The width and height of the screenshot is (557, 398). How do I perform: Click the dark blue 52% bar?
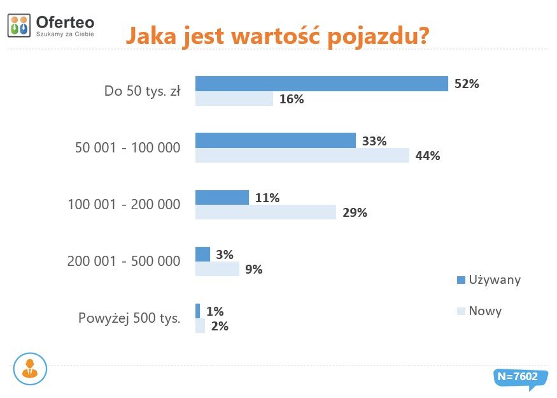[321, 84]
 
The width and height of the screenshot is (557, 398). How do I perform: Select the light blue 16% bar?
[234, 99]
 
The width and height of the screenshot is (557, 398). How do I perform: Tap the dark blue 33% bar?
[275, 140]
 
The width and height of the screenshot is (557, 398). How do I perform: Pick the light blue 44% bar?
[302, 156]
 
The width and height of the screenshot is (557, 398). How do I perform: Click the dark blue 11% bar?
[222, 197]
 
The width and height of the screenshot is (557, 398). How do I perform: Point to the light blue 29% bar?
[265, 212]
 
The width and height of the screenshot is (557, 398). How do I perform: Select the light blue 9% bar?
[217, 269]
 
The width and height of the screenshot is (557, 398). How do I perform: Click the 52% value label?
[467, 84]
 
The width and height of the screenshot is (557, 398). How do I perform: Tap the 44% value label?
[427, 156]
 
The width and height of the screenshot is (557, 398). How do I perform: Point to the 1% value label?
[215, 311]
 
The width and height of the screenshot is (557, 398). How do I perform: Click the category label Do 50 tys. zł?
[142, 91]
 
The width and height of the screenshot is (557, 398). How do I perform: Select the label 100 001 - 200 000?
[123, 205]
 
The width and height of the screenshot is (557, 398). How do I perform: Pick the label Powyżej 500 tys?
[129, 318]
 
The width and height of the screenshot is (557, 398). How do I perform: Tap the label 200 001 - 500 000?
[123, 261]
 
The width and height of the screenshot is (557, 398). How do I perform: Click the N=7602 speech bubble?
[516, 377]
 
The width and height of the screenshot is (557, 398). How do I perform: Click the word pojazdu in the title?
[378, 36]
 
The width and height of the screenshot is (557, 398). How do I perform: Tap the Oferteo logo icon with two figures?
[19, 25]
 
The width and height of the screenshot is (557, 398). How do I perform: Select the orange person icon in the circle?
[29, 369]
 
